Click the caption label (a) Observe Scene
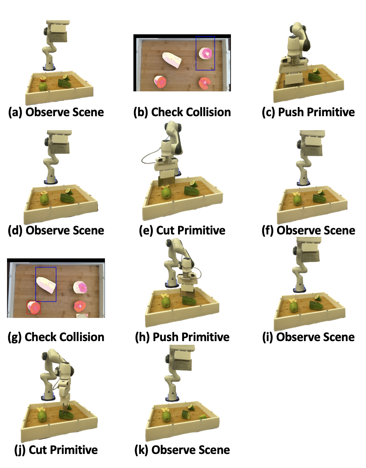pos(56,112)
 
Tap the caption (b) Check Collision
pos(182,112)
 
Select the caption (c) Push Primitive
pos(308,112)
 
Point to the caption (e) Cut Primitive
pos(182,230)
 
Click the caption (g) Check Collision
pos(56,337)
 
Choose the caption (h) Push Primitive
pos(182,337)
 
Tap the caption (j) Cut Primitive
pos(56,450)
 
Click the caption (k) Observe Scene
pos(182,450)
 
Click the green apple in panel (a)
pos(43,86)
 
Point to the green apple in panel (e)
pos(166,193)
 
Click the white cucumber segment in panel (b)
pos(172,60)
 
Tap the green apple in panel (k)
pos(166,416)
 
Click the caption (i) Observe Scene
pos(308,337)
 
